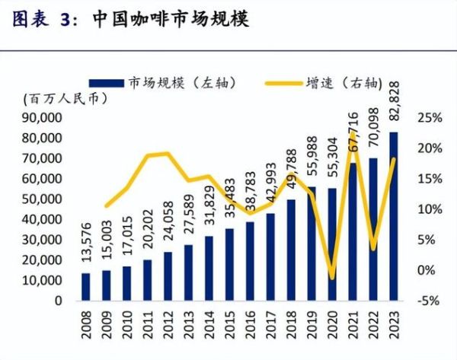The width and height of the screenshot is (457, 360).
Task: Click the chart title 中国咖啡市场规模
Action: tap(171, 18)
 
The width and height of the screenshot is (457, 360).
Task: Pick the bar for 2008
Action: tap(85, 286)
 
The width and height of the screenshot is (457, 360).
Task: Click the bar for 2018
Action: tap(291, 250)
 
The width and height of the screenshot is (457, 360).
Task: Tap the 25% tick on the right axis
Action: tap(427, 118)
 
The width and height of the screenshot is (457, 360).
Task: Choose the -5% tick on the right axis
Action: tap(427, 301)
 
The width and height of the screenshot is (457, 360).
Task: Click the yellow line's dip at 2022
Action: tap(373, 249)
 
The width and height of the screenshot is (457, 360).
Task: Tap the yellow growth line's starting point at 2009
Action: tap(106, 205)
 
